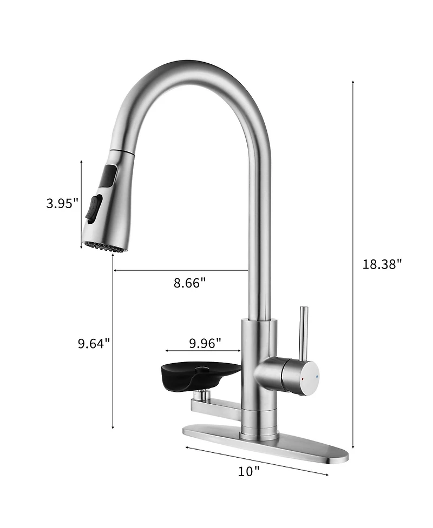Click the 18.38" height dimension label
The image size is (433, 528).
[x=382, y=264]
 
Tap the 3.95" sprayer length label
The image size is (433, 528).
[x=62, y=203]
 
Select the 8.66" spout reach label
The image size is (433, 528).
[x=189, y=283]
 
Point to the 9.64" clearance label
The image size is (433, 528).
[x=94, y=343]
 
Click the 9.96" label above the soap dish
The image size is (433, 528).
[x=205, y=343]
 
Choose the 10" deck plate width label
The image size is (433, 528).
[x=249, y=471]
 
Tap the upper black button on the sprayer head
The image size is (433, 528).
[x=109, y=176]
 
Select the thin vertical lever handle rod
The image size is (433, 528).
[x=305, y=331]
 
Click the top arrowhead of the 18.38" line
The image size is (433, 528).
[x=353, y=82]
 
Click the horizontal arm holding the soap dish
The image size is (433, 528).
[x=216, y=403]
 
